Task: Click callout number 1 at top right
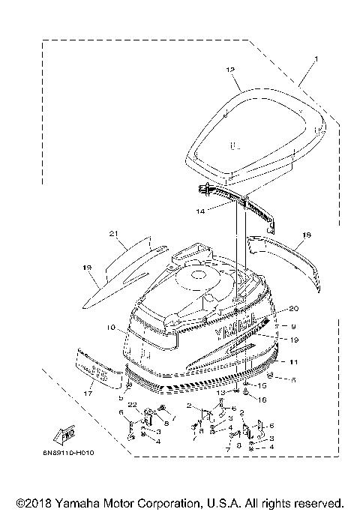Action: click(316, 59)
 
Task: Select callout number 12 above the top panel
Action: click(230, 69)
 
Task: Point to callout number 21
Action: click(115, 234)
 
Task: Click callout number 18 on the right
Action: click(306, 235)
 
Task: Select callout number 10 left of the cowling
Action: click(110, 328)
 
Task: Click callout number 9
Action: click(294, 326)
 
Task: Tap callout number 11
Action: click(292, 362)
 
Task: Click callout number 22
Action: click(132, 405)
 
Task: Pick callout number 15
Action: click(262, 386)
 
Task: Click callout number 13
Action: click(220, 393)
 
